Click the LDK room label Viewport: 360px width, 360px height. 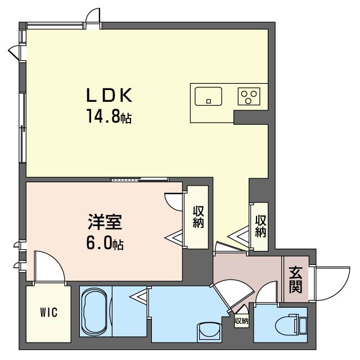[109, 95]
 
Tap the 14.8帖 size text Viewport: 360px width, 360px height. [109, 116]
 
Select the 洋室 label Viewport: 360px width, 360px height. [105, 222]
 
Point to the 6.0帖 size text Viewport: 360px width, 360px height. [105, 244]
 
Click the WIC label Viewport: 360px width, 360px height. [49, 312]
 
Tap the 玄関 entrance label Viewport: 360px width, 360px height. [295, 280]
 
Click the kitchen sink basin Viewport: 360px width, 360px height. [208, 96]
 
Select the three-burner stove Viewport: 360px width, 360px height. [249, 96]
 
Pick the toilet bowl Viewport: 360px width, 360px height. [287, 325]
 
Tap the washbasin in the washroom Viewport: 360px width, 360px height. [209, 331]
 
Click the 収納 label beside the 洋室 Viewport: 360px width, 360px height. [198, 217]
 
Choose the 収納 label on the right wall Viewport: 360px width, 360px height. [261, 226]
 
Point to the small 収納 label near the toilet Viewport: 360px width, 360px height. [241, 321]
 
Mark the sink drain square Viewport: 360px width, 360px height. [209, 101]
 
